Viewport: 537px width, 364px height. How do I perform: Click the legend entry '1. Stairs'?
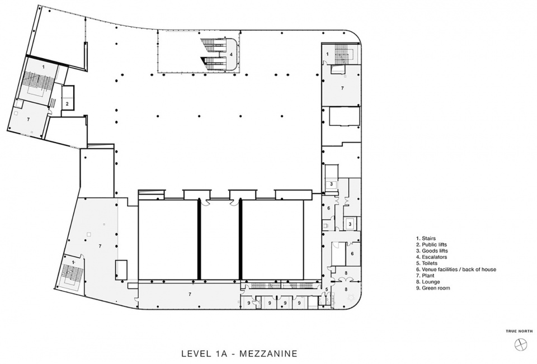(x=426, y=238)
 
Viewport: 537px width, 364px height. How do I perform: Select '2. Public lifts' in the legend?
(x=431, y=244)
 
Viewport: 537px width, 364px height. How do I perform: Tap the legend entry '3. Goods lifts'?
(x=432, y=250)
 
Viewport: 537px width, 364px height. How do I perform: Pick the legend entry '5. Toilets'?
(x=427, y=263)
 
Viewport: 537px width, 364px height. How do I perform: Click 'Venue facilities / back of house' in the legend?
(x=459, y=270)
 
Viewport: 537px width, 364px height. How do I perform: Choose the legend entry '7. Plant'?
(x=425, y=276)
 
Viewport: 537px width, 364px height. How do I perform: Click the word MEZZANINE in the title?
(x=268, y=353)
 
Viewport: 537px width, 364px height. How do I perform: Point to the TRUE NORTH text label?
(x=520, y=331)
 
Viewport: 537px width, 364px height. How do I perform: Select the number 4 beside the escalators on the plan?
(x=231, y=54)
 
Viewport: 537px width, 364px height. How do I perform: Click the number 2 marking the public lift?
(x=67, y=103)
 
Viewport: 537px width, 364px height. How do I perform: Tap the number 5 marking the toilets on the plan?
(x=326, y=290)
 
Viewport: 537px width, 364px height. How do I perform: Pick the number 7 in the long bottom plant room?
(x=190, y=294)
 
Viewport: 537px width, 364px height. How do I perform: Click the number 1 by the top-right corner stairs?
(x=327, y=54)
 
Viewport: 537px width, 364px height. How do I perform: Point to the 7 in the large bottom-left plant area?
(x=100, y=246)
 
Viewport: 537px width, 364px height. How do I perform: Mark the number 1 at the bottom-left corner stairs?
(x=73, y=262)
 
